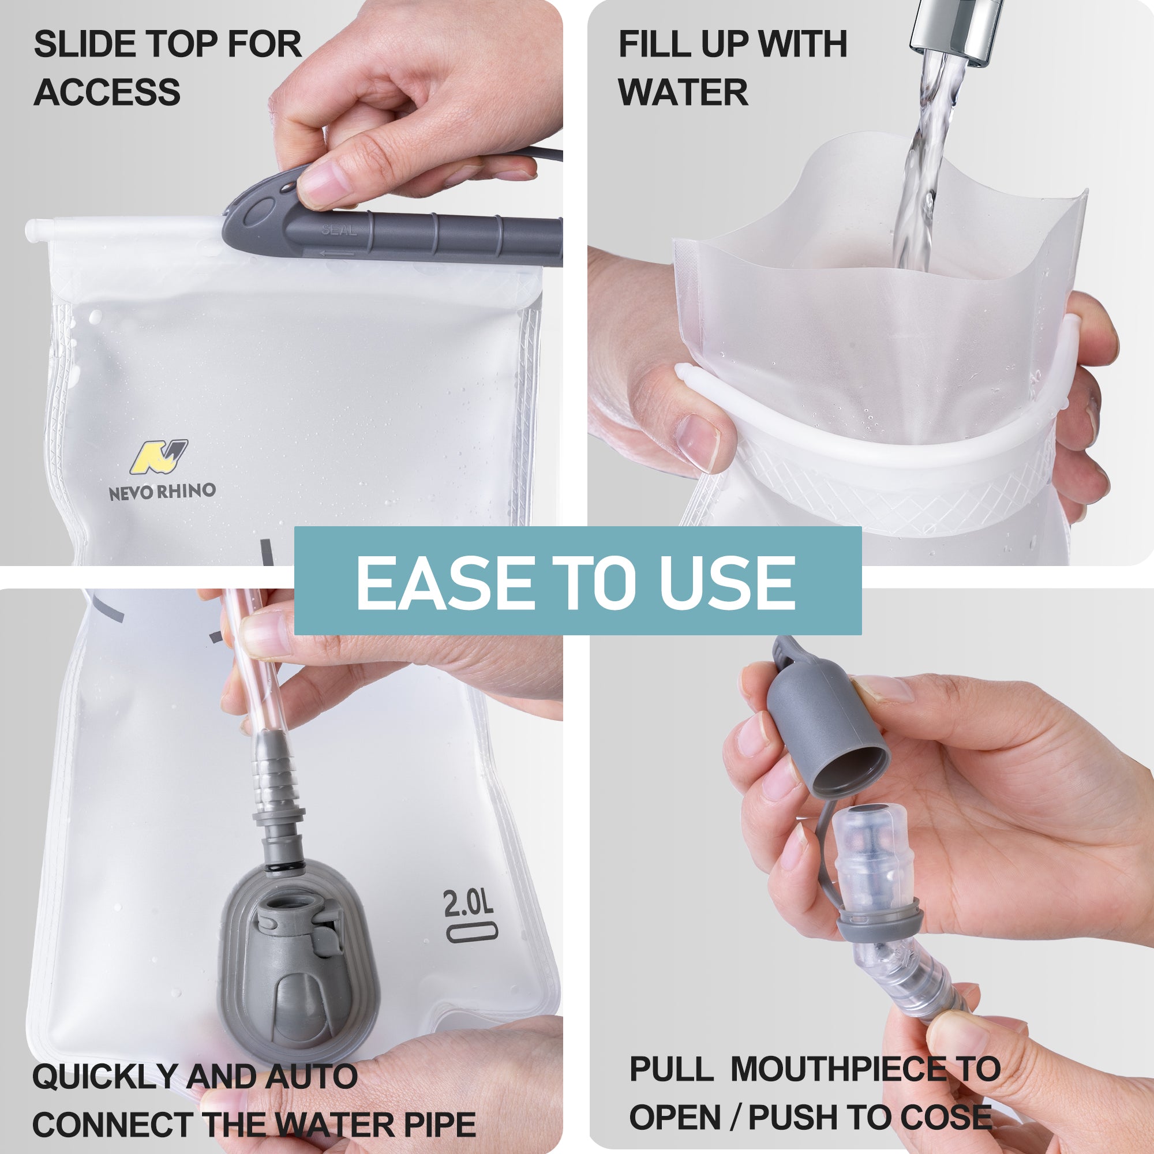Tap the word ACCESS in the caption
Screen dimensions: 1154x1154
[x=107, y=92]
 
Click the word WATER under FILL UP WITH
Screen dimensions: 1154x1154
[x=683, y=92]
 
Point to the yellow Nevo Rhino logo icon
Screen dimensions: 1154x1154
[x=158, y=457]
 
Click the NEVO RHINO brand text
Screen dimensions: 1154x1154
[x=162, y=492]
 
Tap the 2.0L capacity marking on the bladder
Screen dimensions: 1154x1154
[x=469, y=904]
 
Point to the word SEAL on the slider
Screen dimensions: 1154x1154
[x=339, y=230]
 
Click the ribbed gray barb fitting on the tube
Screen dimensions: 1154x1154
[x=275, y=777]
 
